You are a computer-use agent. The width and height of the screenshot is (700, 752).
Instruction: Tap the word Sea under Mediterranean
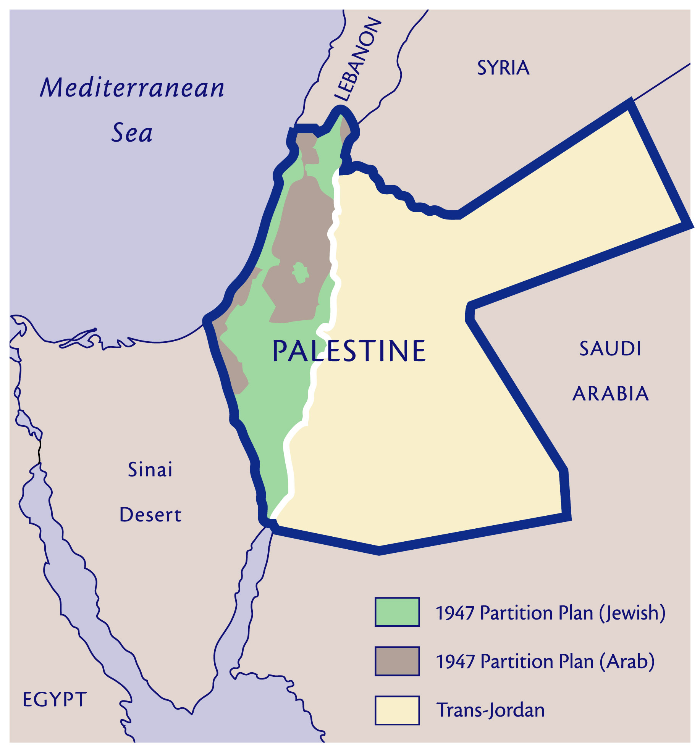coord(132,133)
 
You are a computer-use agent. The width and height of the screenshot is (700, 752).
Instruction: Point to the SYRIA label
coord(503,68)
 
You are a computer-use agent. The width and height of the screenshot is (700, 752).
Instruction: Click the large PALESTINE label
coord(349,351)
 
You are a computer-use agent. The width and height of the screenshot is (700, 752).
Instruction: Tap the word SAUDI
coord(610,349)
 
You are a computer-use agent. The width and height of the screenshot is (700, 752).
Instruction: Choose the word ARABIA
coord(610,394)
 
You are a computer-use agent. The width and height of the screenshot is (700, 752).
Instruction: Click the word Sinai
coord(150,470)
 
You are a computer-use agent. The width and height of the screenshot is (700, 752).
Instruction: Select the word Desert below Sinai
coord(150,515)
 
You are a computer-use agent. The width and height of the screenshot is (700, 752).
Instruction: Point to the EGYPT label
coord(55,700)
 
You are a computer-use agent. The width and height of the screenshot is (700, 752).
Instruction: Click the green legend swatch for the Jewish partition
coord(397,612)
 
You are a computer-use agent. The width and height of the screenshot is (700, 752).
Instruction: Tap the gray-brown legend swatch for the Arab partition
coord(397,661)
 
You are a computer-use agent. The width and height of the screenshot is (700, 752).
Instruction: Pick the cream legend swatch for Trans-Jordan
coord(397,710)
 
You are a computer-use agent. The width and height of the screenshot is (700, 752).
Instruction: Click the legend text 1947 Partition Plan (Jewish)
coord(550,613)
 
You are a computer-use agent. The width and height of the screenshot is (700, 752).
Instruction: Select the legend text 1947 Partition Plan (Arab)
coord(545,662)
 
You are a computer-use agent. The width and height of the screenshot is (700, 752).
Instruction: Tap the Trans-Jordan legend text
coord(490,710)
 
